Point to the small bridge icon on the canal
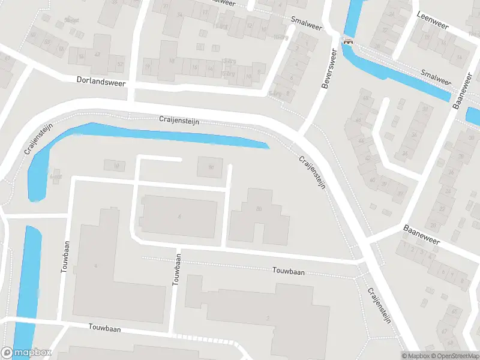pyautogui.click(x=347, y=41)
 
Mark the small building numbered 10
pyautogui.click(x=115, y=165)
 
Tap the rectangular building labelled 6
pyautogui.click(x=178, y=216)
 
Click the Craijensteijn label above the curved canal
pyautogui.click(x=179, y=121)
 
